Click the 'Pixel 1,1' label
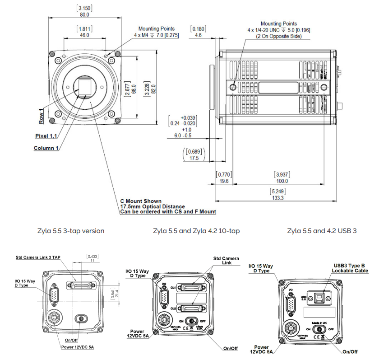(47, 136)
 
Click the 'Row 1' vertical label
(41, 116)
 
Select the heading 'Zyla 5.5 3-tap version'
(71, 231)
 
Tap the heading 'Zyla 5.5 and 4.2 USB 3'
(322, 231)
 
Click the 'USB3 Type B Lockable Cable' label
(350, 268)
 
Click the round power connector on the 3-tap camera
(56, 319)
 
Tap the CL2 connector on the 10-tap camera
(193, 308)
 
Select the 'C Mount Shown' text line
(140, 201)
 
